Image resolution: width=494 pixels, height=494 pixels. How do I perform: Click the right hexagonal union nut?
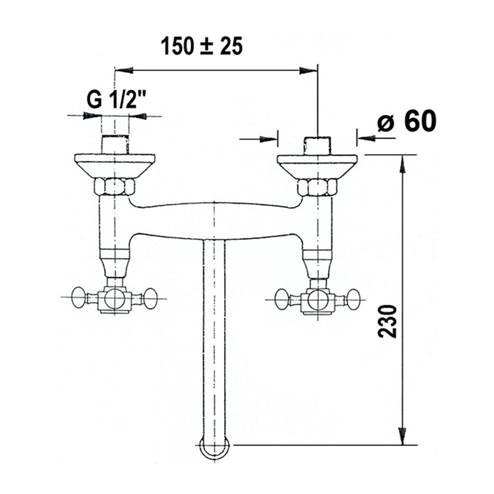(317, 187)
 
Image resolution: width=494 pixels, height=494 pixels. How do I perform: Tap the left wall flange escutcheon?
(114, 166)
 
